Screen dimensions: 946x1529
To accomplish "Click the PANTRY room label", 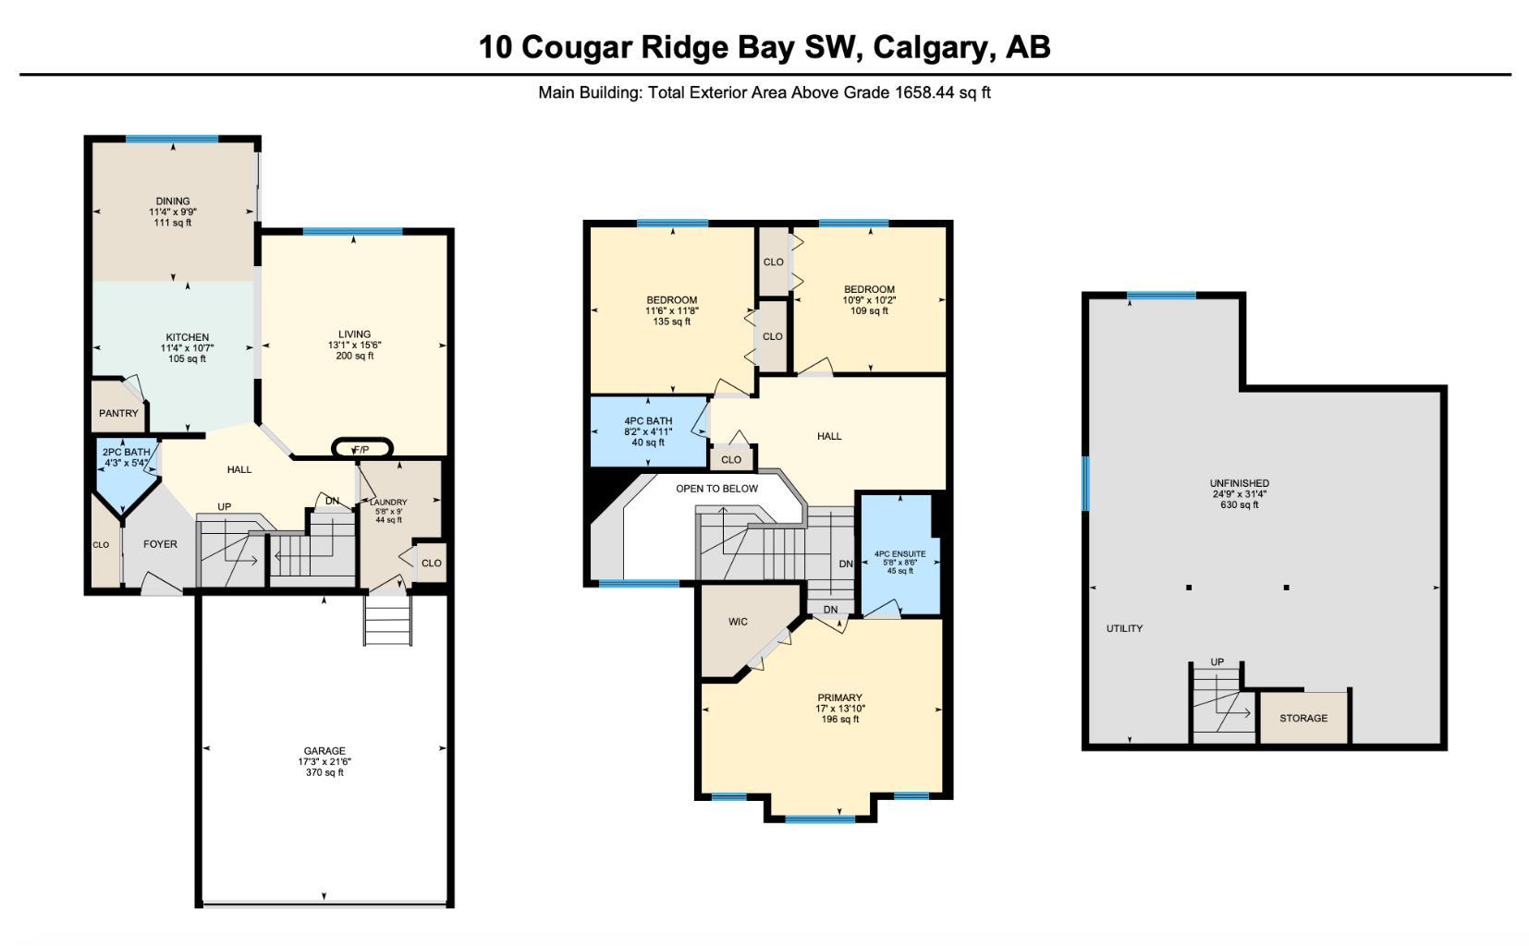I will (x=118, y=413).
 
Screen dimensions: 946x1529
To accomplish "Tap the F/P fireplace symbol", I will (x=361, y=449).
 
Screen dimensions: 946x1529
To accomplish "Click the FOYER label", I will (x=160, y=544).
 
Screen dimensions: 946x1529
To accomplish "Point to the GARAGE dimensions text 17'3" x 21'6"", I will (x=324, y=761).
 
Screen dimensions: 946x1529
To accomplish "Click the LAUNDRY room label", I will (x=388, y=502).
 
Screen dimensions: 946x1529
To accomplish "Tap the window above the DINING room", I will (x=172, y=139).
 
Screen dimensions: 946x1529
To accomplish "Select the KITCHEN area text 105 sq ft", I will (x=188, y=358).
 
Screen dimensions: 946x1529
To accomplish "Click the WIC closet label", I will (x=738, y=622).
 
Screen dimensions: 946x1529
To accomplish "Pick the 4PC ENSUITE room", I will (x=899, y=554).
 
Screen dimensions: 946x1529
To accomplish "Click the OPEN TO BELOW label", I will (x=716, y=489).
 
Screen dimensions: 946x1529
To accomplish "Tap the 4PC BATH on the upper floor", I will (x=648, y=431).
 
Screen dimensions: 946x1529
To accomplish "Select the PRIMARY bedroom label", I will (x=839, y=697).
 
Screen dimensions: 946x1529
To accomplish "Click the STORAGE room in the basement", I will (x=1303, y=718).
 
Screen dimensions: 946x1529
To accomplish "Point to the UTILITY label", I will (x=1124, y=628).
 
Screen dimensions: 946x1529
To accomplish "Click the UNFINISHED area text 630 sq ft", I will (x=1240, y=504).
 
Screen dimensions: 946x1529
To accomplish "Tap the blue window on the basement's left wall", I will (x=1086, y=482).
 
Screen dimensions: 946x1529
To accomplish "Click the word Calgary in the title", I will (x=933, y=46).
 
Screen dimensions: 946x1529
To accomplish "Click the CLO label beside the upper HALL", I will (x=731, y=459).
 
